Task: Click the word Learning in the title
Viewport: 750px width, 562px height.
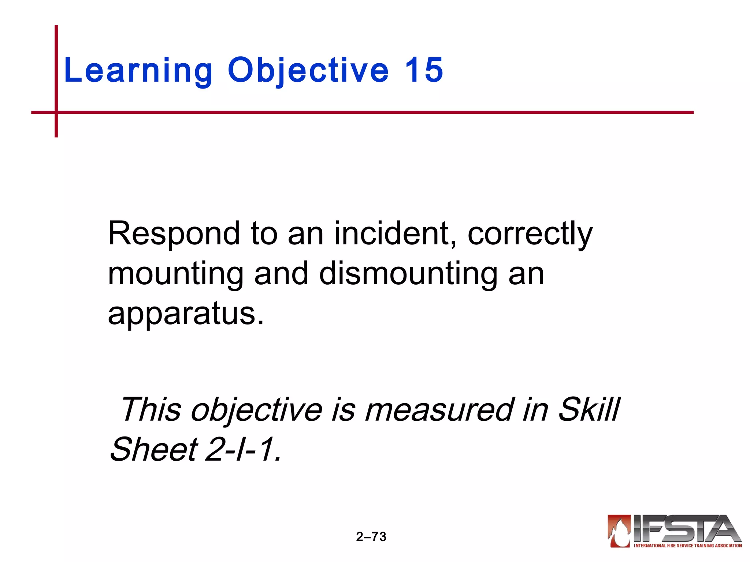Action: (138, 70)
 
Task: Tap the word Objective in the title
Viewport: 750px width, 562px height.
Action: (308, 70)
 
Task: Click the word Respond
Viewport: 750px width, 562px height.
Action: (174, 234)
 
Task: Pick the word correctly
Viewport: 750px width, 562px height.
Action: (530, 234)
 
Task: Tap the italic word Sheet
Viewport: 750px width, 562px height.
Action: (154, 449)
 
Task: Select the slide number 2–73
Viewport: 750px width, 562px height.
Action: (371, 537)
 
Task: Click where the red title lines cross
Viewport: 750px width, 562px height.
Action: (56, 112)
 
